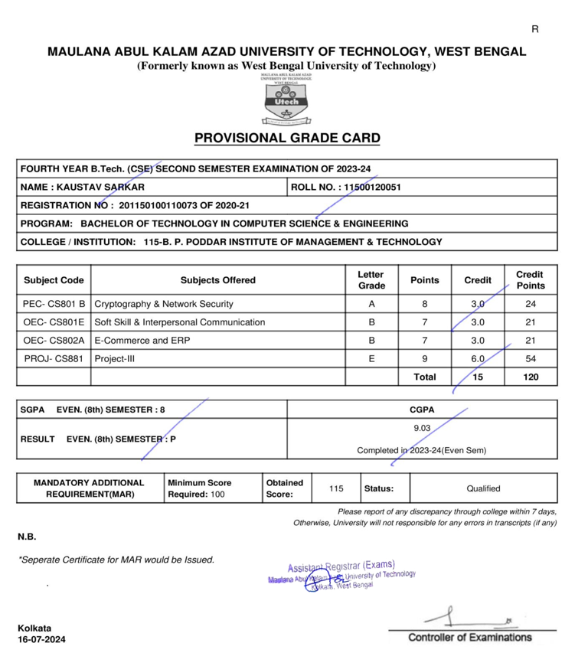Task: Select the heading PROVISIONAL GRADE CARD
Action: [287, 139]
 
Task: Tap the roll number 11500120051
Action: [373, 187]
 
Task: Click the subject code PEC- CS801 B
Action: [54, 304]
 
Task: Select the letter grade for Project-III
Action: [371, 359]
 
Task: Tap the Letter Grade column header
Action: [371, 280]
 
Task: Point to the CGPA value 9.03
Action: [421, 429]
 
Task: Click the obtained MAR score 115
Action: [336, 488]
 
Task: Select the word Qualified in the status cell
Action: [482, 488]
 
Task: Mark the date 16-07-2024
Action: [42, 640]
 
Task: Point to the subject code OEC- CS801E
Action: [54, 322]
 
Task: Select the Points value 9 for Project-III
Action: [424, 359]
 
